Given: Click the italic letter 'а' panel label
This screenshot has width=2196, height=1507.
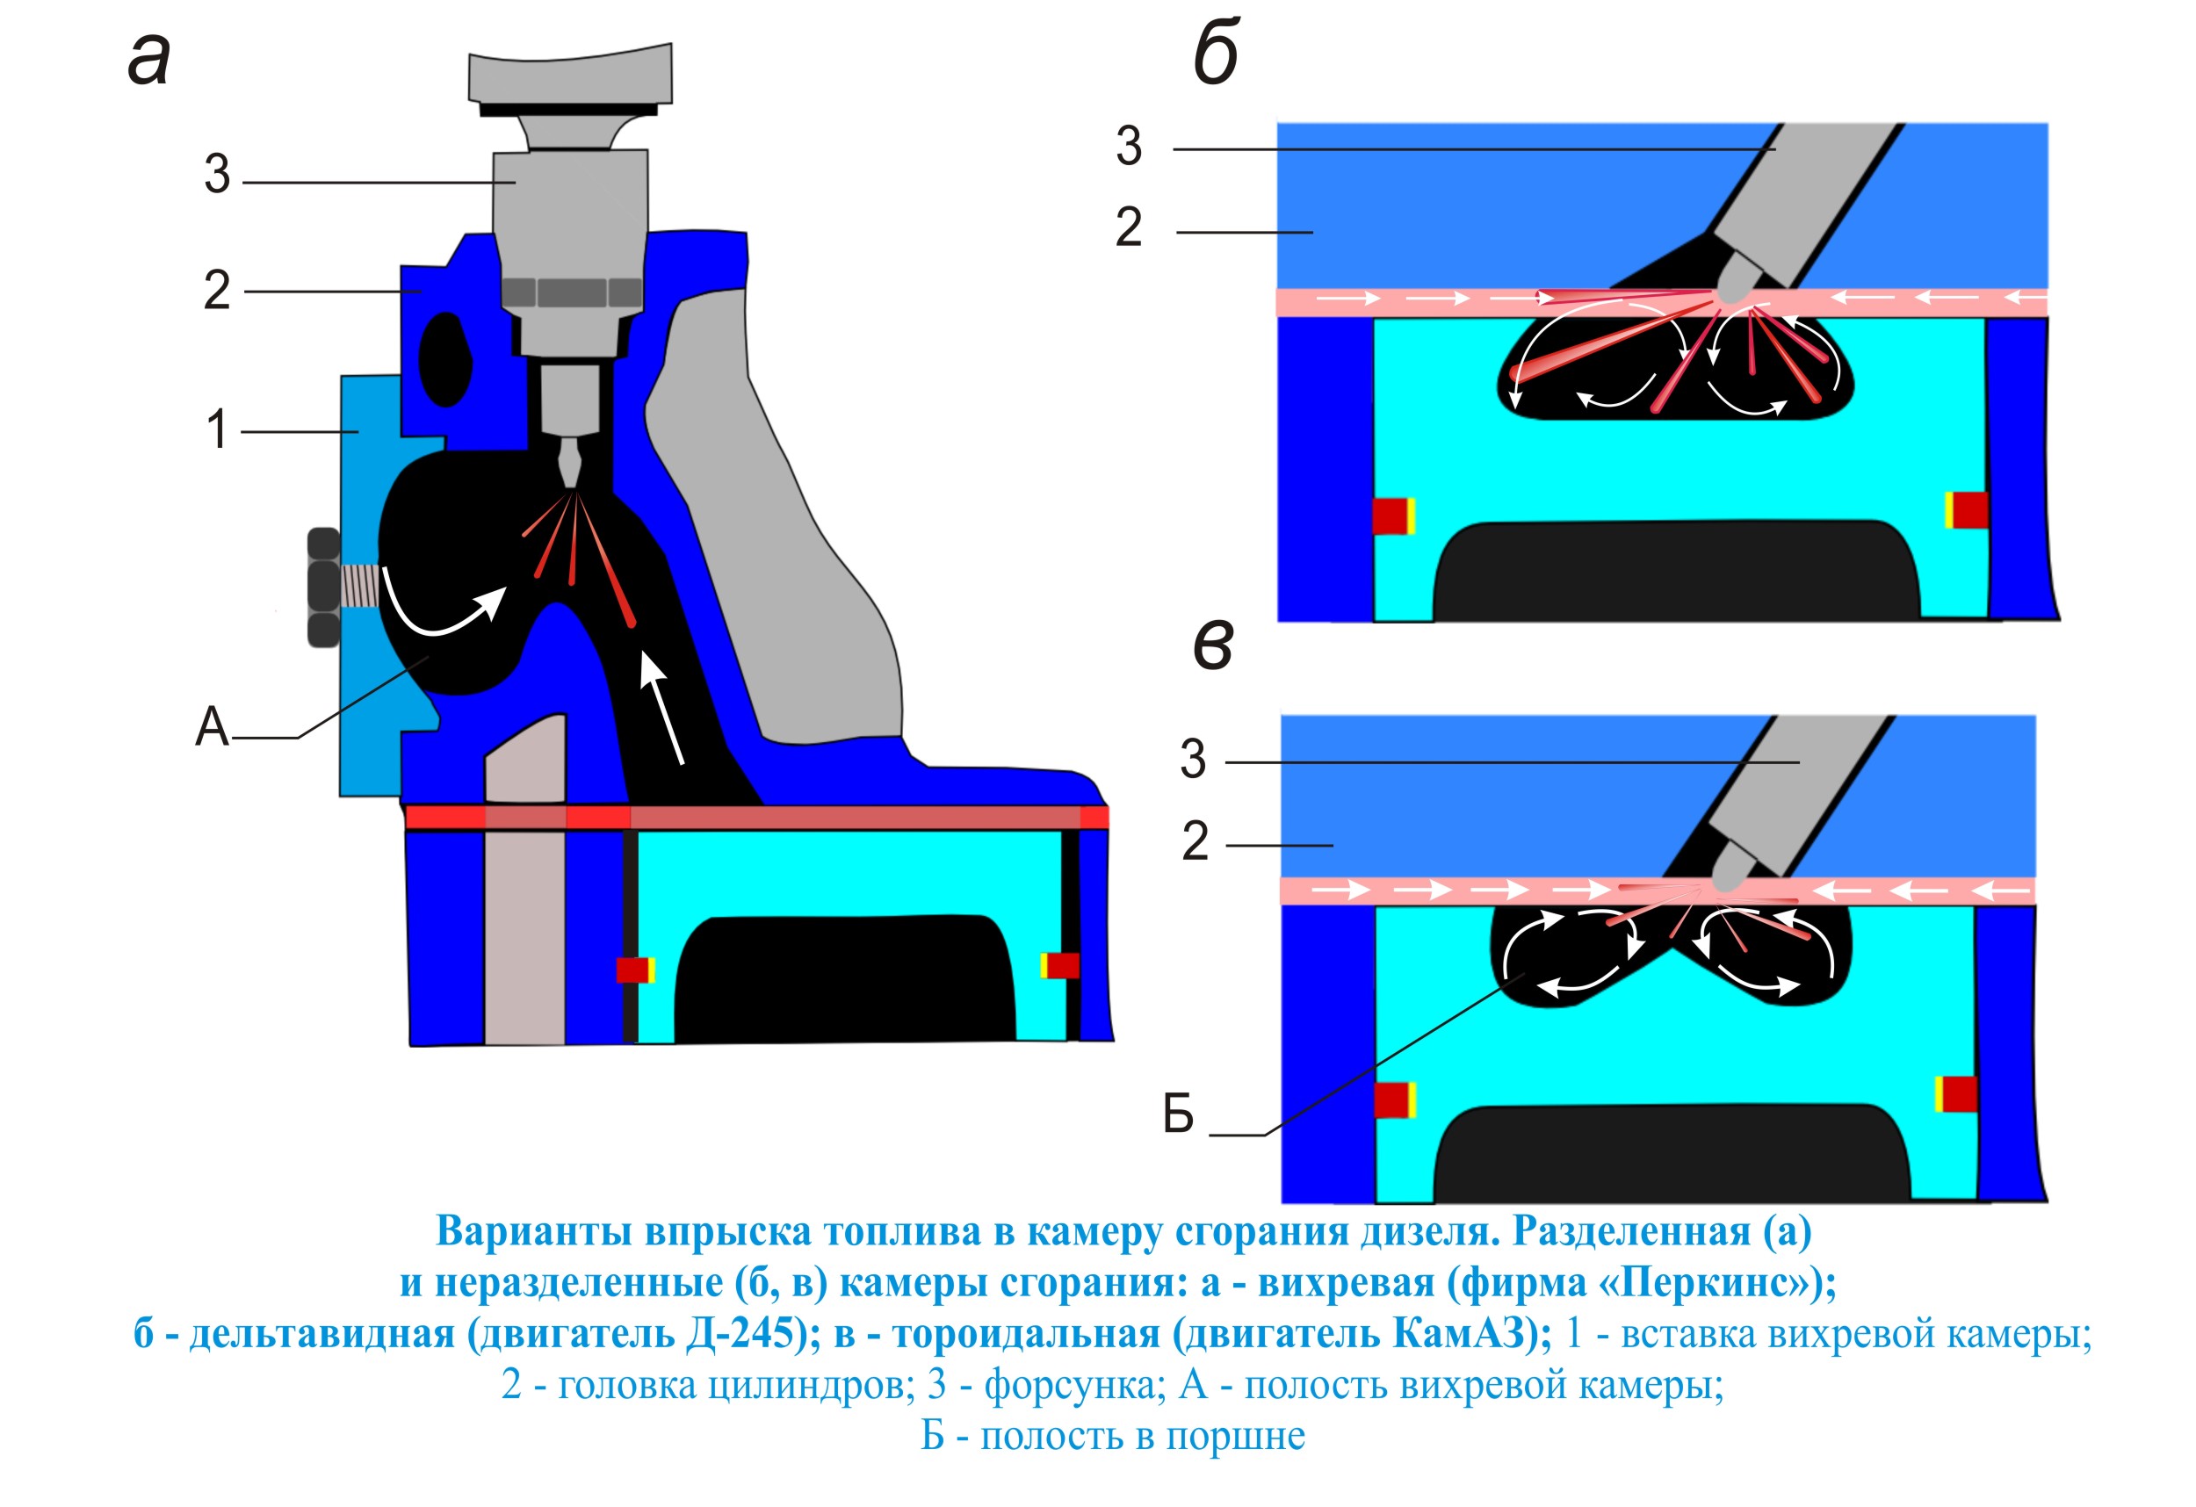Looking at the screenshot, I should [149, 59].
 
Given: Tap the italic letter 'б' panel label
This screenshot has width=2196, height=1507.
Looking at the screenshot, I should [1216, 53].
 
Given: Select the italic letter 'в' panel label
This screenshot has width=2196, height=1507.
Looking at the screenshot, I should [1213, 647].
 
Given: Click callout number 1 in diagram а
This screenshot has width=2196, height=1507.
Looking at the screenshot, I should [216, 430].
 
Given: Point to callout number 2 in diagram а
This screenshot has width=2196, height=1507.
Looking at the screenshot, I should [216, 290].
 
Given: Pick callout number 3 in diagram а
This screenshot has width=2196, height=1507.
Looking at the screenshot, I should [217, 175].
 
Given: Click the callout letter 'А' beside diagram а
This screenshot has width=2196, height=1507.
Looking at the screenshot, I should [212, 727].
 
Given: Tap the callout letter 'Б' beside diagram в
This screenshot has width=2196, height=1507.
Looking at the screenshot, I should [1178, 1115].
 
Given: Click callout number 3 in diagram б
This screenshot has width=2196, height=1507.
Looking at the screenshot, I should [1129, 147].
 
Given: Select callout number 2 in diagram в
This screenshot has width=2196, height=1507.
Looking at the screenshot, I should [1195, 842].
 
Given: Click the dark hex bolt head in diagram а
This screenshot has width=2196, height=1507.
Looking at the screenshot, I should [323, 588].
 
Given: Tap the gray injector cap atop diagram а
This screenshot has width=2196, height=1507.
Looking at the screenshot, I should [571, 76].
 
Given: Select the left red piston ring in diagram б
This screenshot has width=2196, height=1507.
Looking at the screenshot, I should [1391, 516].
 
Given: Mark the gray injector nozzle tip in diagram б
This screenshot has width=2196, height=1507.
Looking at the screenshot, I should [1734, 282].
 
